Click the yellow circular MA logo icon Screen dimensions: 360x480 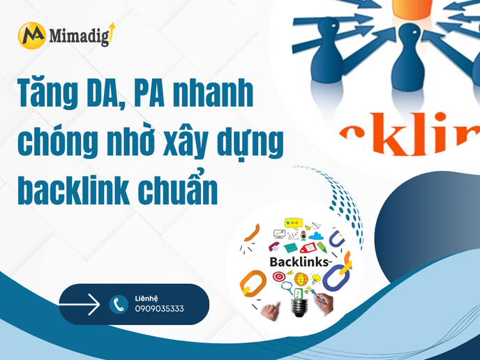[31, 35]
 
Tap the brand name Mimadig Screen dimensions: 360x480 [79, 36]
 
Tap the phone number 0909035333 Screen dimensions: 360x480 [160, 308]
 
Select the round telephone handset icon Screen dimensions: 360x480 [119, 304]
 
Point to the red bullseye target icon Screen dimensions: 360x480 [278, 277]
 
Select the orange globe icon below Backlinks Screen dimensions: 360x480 [301, 278]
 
